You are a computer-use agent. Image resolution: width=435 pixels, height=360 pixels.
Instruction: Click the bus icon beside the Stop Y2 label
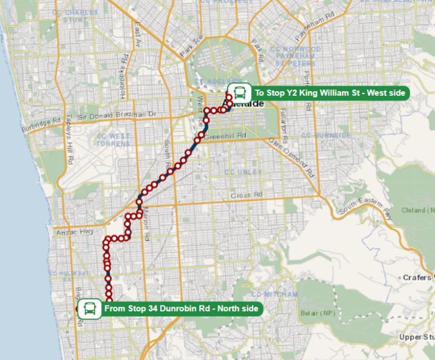coord(240,92)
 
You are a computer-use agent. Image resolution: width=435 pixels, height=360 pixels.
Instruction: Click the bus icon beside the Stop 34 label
coord(89,309)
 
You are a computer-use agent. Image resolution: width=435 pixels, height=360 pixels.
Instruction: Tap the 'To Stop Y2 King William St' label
coord(330,92)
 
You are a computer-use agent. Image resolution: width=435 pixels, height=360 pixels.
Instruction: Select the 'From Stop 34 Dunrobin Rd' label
coord(181,309)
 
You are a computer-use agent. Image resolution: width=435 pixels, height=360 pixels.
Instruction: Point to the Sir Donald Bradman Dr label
coord(117,115)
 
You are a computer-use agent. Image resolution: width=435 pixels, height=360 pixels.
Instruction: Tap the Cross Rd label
coord(247,196)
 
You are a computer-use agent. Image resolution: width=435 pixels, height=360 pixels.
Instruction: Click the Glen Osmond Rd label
coord(291,157)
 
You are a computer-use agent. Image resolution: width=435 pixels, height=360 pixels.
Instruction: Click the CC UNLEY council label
coord(243,172)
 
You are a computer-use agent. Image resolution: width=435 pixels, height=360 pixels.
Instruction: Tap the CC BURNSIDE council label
coord(326,135)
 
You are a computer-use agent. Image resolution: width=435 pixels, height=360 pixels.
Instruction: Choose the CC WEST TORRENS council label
coord(113,139)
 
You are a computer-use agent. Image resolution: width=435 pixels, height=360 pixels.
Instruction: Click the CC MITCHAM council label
coord(274,295)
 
